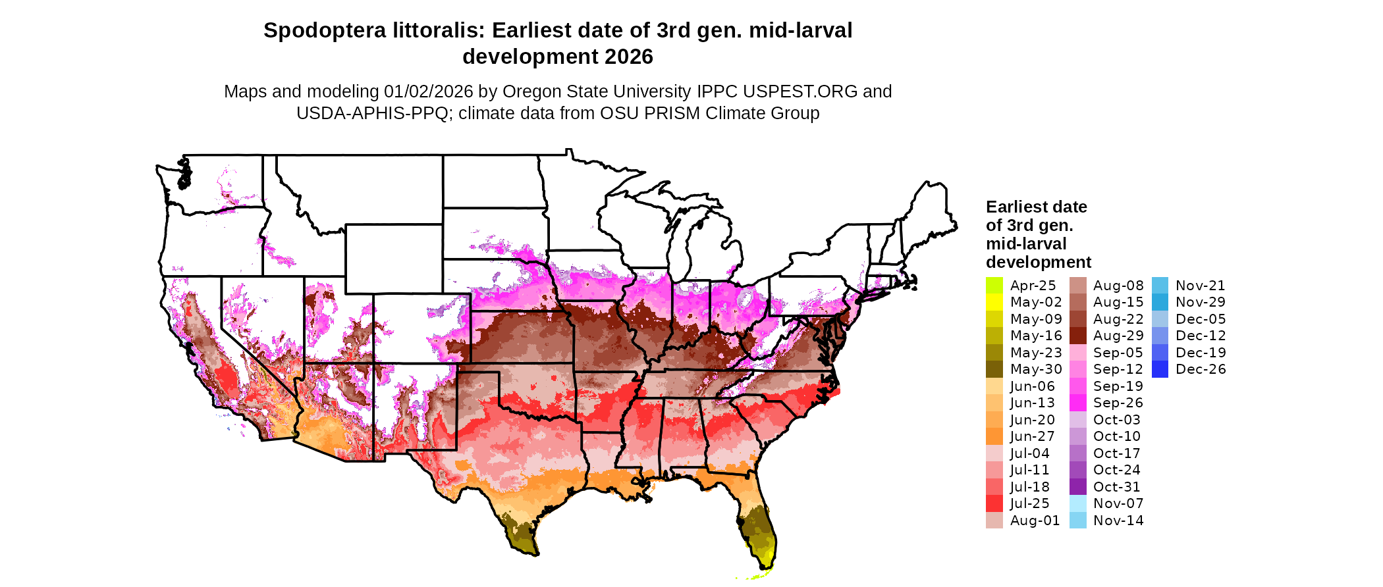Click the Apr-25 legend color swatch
point(994,286)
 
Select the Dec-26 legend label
point(1201,369)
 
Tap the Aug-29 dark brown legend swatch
point(1077,336)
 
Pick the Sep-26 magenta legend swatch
point(1077,403)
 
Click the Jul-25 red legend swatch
point(994,503)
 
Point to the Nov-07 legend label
point(1118,503)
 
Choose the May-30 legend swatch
point(994,369)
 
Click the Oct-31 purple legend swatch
point(1077,487)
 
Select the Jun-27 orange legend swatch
point(994,436)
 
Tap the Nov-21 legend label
point(1200,286)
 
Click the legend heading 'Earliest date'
point(1036,207)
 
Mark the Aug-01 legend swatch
point(994,521)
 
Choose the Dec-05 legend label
point(1200,319)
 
